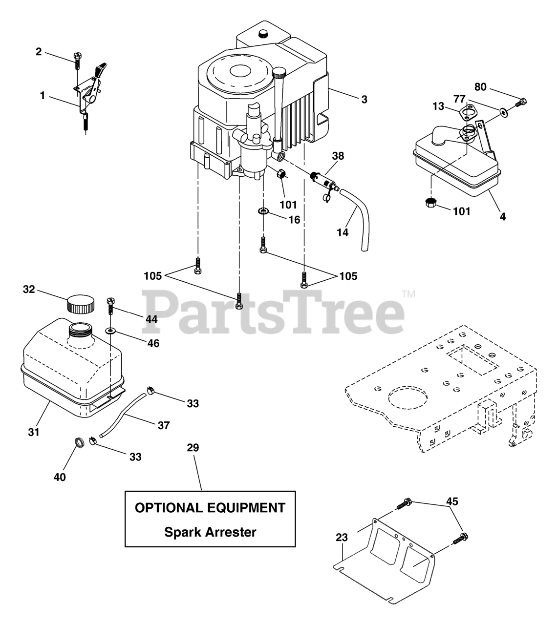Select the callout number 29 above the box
193,448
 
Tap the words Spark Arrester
210,532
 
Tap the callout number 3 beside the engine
364,100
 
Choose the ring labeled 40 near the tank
78,443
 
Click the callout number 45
452,501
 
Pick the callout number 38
338,156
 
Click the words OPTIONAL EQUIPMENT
210,508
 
